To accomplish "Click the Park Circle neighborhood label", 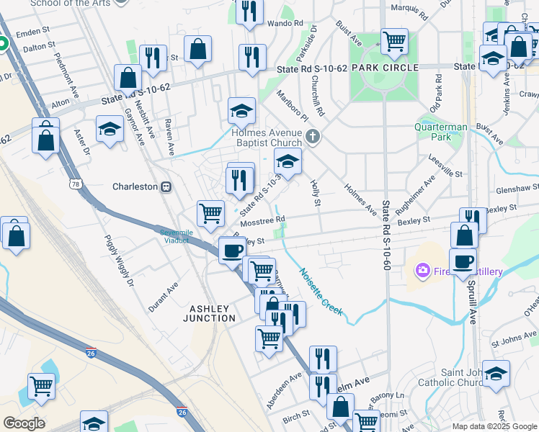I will tap(384, 68).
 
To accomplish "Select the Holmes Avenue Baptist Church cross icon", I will tap(313, 135).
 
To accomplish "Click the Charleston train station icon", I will tap(166, 186).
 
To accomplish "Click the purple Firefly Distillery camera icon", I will tap(422, 271).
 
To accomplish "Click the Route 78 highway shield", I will tap(75, 186).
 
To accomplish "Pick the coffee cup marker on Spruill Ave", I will tap(463, 261).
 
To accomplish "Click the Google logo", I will tap(24, 423).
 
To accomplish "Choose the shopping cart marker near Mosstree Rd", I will tap(210, 212).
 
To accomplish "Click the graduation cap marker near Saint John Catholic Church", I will tap(495, 374).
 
